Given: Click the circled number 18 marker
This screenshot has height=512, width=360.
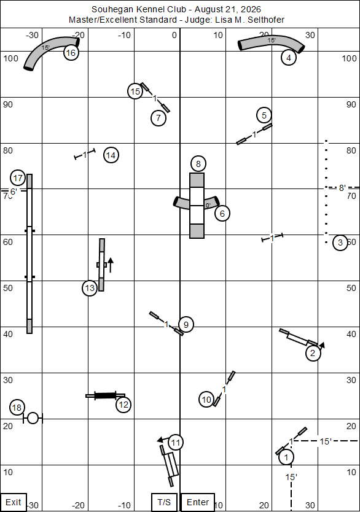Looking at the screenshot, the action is coord(17,407).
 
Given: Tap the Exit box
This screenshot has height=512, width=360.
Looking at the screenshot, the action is coord(14,502).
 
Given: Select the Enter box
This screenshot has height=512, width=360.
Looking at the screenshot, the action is coord(198,502).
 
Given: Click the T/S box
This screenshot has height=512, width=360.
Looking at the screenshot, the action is coord(164,502).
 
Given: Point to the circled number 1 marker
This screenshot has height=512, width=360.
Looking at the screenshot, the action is coord(286,457).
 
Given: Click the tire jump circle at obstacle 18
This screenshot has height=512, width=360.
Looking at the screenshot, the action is coord(33,418).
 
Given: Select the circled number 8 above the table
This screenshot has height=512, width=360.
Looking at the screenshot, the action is coord(198,163).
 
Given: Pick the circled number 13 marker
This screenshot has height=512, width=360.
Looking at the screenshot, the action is coord(90,288).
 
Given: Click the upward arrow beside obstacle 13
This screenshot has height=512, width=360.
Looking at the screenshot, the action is coord(111,265).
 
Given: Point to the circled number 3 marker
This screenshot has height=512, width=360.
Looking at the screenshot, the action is coord(340,242).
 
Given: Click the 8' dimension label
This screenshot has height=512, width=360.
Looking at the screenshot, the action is coord(342,188).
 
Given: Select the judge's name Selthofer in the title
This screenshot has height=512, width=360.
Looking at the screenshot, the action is coord(266,20).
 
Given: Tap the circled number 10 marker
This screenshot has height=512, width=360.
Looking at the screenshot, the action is coord(206,399).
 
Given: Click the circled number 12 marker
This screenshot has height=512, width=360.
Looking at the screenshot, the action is coord(123,405).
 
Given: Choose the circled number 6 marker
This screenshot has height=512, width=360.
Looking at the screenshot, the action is coord(222,214).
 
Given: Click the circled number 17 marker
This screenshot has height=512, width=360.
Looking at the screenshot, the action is coord(18,178).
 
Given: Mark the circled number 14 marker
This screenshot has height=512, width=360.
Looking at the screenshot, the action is coord(111,155).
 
